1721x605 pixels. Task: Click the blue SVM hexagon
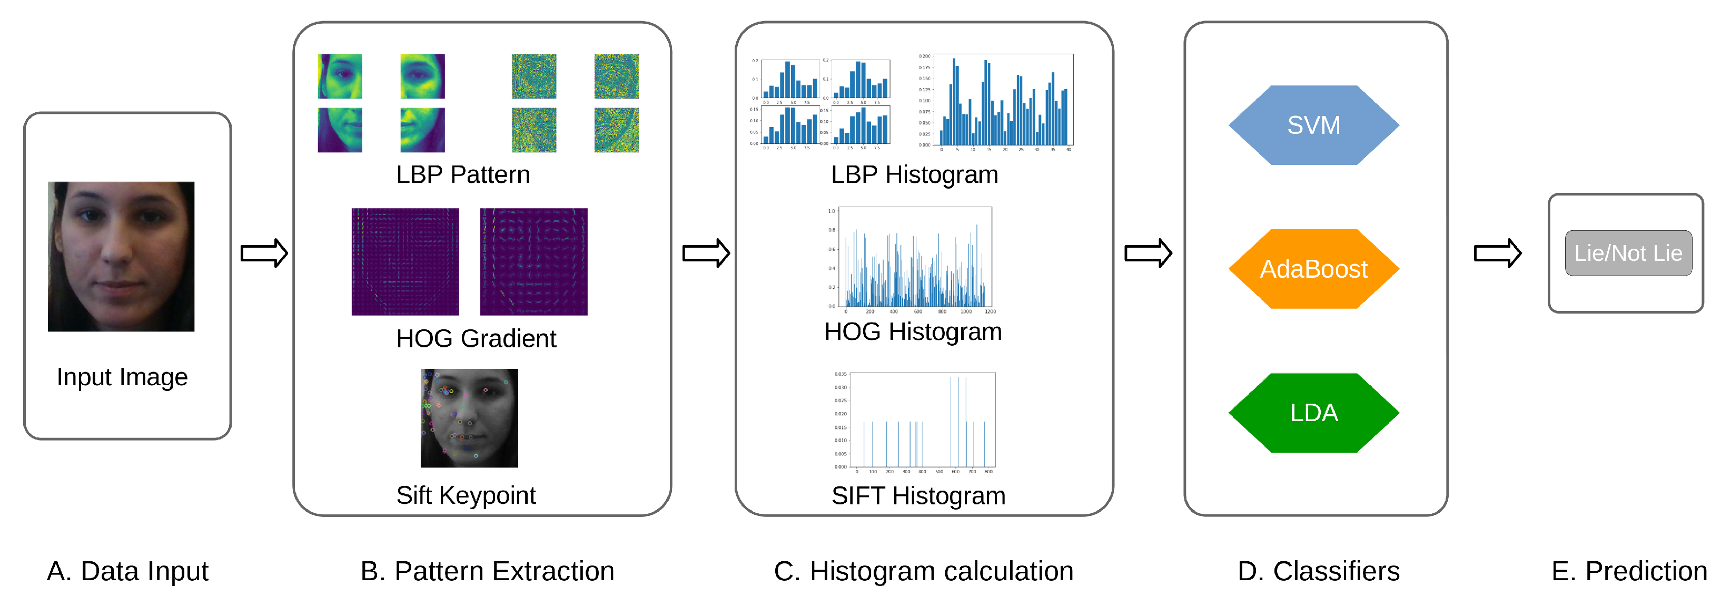(x=1313, y=125)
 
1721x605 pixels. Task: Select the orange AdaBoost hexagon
(x=1313, y=269)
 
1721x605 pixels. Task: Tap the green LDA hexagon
(x=1313, y=413)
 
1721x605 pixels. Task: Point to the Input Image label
(x=122, y=377)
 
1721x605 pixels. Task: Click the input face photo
(x=121, y=256)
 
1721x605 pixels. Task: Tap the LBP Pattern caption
(x=462, y=174)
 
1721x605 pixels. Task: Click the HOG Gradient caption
(x=476, y=338)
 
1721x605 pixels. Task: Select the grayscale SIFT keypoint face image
(x=469, y=418)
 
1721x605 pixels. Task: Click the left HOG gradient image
(x=405, y=261)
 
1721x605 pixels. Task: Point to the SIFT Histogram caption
(x=918, y=495)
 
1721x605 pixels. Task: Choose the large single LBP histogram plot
(x=1002, y=100)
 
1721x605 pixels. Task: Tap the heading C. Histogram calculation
(x=923, y=571)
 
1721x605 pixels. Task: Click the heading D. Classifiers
(x=1318, y=571)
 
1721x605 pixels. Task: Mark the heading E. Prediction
(x=1629, y=571)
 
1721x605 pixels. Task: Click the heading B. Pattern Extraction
(x=487, y=571)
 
